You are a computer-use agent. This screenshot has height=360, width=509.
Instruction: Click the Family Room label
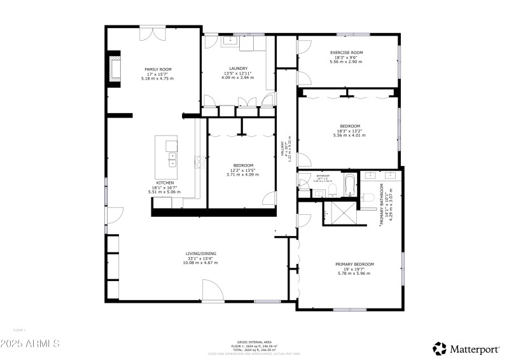pyautogui.click(x=158, y=69)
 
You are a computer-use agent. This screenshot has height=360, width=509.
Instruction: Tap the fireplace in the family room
pyautogui.click(x=115, y=69)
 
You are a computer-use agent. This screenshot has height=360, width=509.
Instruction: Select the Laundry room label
pyautogui.click(x=239, y=68)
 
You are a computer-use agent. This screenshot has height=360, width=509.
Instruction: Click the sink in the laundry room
pyautogui.click(x=229, y=41)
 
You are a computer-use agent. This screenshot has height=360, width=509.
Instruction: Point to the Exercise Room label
pyautogui.click(x=346, y=52)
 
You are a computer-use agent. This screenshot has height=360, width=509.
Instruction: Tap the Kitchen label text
pyautogui.click(x=165, y=183)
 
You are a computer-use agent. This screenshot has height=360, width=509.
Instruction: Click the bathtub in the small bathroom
pyautogui.click(x=348, y=187)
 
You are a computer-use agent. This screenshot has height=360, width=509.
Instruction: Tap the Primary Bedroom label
pyautogui.click(x=354, y=263)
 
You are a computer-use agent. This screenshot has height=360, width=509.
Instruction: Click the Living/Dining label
pyautogui.click(x=201, y=254)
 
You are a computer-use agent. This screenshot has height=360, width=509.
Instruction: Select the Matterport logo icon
pyautogui.click(x=440, y=348)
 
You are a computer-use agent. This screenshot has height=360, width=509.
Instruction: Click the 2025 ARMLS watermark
pyautogui.click(x=30, y=343)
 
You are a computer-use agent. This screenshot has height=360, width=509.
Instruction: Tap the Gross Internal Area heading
pyautogui.click(x=254, y=341)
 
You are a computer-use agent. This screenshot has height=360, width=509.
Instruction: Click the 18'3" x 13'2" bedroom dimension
pyautogui.click(x=350, y=131)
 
